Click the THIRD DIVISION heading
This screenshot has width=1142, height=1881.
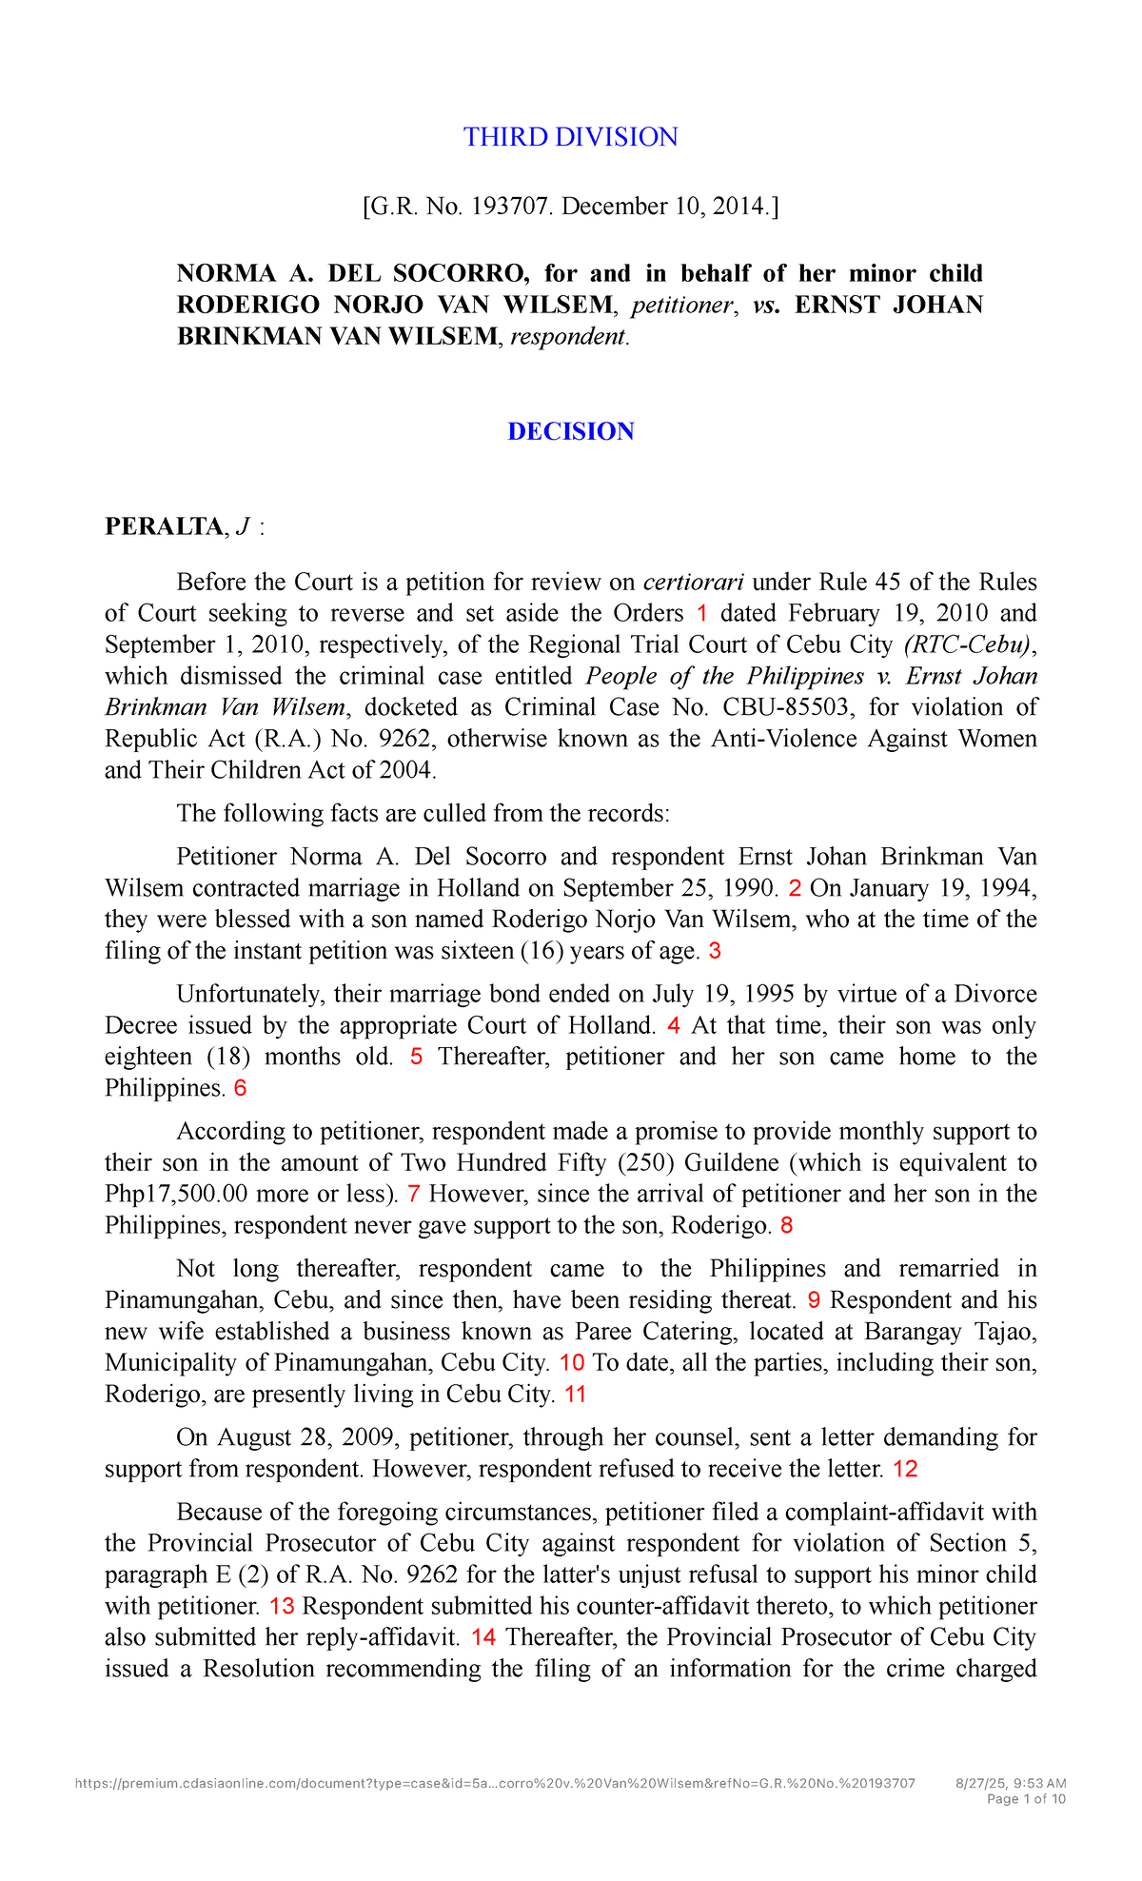point(570,137)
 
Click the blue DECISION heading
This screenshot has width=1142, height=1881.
point(570,431)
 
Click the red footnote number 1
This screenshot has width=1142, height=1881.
point(702,613)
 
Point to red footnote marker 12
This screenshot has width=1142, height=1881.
point(905,1469)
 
